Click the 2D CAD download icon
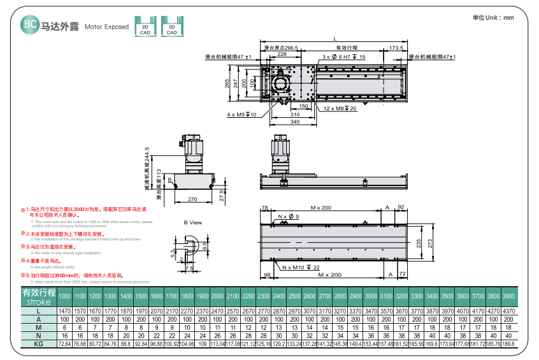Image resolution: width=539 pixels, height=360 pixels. (145, 26)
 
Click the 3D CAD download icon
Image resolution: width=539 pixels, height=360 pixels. (171, 26)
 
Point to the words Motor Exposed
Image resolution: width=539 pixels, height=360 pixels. (106, 27)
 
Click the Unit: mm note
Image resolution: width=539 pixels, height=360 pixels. (493, 18)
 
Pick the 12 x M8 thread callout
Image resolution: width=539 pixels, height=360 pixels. (341, 109)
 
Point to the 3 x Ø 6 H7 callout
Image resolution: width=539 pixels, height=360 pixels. (344, 57)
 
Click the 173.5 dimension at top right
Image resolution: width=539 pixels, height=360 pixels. (396, 48)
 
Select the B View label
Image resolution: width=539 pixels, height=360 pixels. (192, 222)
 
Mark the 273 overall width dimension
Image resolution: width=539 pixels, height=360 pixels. (430, 243)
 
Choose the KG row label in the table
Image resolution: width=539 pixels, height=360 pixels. (39, 343)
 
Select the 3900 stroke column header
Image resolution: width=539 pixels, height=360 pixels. (508, 297)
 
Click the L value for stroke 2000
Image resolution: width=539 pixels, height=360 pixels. (217, 310)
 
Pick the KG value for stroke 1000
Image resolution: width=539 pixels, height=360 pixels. (64, 343)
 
